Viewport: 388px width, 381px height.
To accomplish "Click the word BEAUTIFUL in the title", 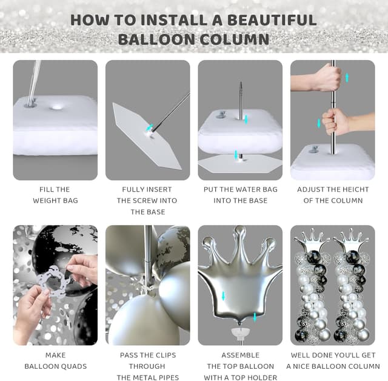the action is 272,20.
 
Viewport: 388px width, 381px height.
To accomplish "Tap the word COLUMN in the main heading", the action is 235,39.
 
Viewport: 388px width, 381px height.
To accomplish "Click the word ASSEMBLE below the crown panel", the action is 240,355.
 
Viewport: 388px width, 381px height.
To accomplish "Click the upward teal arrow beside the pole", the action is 347,78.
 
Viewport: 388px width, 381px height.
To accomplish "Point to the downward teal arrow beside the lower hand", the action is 319,123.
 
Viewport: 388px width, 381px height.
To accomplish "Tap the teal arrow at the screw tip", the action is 149,127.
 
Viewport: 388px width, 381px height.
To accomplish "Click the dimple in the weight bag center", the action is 56,108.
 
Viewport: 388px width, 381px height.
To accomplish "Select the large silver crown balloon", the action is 239,275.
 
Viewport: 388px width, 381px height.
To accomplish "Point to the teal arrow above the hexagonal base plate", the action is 236,155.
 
